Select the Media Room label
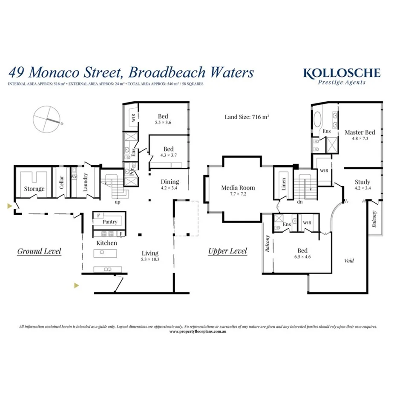click(238, 187)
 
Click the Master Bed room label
click(360, 132)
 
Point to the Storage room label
click(34, 189)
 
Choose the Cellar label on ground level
click(61, 183)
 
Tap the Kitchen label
click(106, 243)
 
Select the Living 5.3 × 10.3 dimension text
click(150, 259)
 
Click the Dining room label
click(170, 182)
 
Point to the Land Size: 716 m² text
click(247, 116)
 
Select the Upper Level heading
click(227, 251)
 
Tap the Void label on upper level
click(349, 261)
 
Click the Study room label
click(362, 182)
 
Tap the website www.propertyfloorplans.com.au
click(198, 331)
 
